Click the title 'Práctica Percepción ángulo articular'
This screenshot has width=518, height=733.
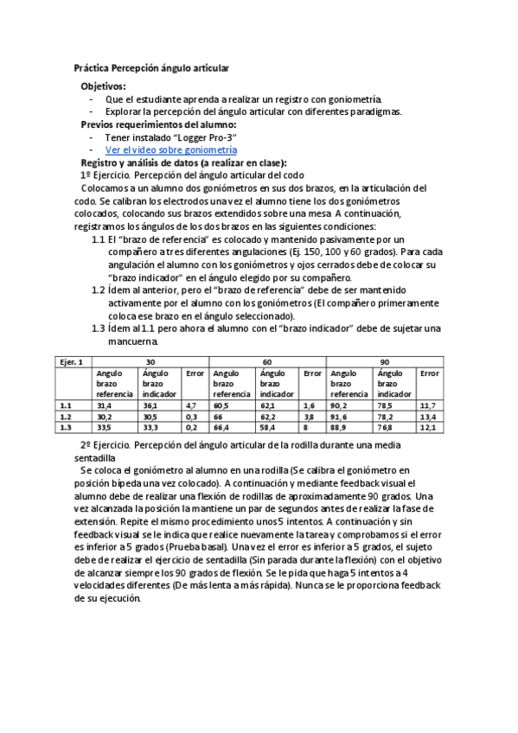click(151, 67)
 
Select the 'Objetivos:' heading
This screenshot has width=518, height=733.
click(103, 86)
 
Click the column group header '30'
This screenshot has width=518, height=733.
click(150, 360)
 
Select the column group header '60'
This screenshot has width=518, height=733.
click(267, 360)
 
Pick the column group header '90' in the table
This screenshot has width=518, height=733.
click(383, 360)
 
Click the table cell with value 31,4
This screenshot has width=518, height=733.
click(105, 405)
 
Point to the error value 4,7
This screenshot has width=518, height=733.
click(191, 405)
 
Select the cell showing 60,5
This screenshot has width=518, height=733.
click(221, 405)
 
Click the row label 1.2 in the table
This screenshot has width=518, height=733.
click(65, 416)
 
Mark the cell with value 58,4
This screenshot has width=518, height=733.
click(268, 427)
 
